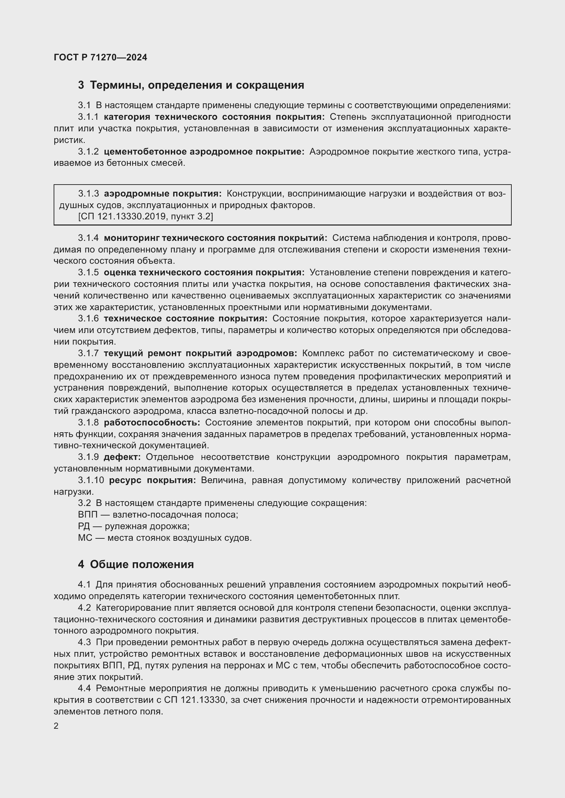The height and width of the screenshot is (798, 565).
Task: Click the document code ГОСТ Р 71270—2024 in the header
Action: click(100, 57)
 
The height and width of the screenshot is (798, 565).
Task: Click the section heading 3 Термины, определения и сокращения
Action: click(191, 85)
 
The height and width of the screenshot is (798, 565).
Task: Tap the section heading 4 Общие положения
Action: click(136, 564)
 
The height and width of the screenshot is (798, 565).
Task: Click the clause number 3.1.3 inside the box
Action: click(88, 193)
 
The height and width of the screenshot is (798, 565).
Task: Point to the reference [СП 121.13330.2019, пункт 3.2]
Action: click(146, 217)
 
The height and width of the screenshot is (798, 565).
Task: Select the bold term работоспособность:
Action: click(152, 423)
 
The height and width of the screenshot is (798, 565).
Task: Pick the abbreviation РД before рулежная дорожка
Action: click(84, 526)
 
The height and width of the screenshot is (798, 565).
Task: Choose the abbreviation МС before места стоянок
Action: click(85, 538)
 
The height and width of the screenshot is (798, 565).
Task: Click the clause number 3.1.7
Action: click(88, 353)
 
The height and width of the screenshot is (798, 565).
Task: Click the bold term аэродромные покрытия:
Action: click(163, 193)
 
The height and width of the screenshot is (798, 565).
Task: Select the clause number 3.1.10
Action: click(91, 480)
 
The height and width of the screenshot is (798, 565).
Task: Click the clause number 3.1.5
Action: click(88, 273)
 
